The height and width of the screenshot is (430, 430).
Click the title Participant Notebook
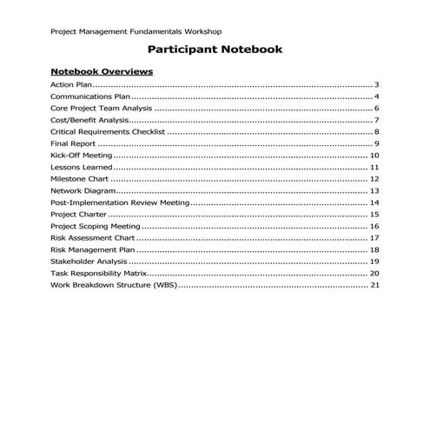pos(215,50)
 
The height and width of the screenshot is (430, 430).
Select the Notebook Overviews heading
pos(102,71)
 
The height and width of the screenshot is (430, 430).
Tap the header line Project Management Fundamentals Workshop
pos(141,31)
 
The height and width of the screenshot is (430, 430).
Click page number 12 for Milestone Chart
pos(374,178)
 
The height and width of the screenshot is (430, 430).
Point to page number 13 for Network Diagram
pos(374,190)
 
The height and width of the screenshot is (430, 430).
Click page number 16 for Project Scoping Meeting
pos(374,226)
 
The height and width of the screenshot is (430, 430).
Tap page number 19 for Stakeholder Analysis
pos(374,261)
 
